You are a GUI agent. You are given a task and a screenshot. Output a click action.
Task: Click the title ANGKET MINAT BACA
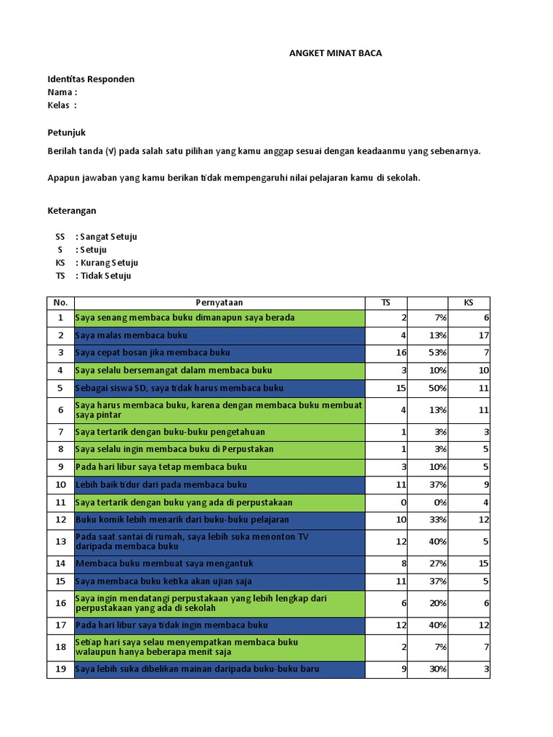336,53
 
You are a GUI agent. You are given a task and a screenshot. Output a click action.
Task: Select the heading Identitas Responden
91,79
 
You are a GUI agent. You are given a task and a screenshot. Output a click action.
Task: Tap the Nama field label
62,92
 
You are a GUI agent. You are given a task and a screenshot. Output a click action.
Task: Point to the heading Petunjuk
66,133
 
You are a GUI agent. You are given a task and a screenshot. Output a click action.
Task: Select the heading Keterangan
71,211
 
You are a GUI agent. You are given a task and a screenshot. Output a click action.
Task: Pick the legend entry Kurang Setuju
109,263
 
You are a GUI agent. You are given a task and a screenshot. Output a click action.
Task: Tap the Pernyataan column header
220,303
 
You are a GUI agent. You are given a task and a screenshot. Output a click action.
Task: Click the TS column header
386,303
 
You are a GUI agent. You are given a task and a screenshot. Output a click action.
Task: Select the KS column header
469,303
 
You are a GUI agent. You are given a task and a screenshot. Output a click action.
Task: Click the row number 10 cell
60,484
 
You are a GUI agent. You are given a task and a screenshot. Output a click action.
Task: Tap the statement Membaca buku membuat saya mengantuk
164,564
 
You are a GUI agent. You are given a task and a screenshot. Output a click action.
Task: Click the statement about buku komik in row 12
182,520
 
